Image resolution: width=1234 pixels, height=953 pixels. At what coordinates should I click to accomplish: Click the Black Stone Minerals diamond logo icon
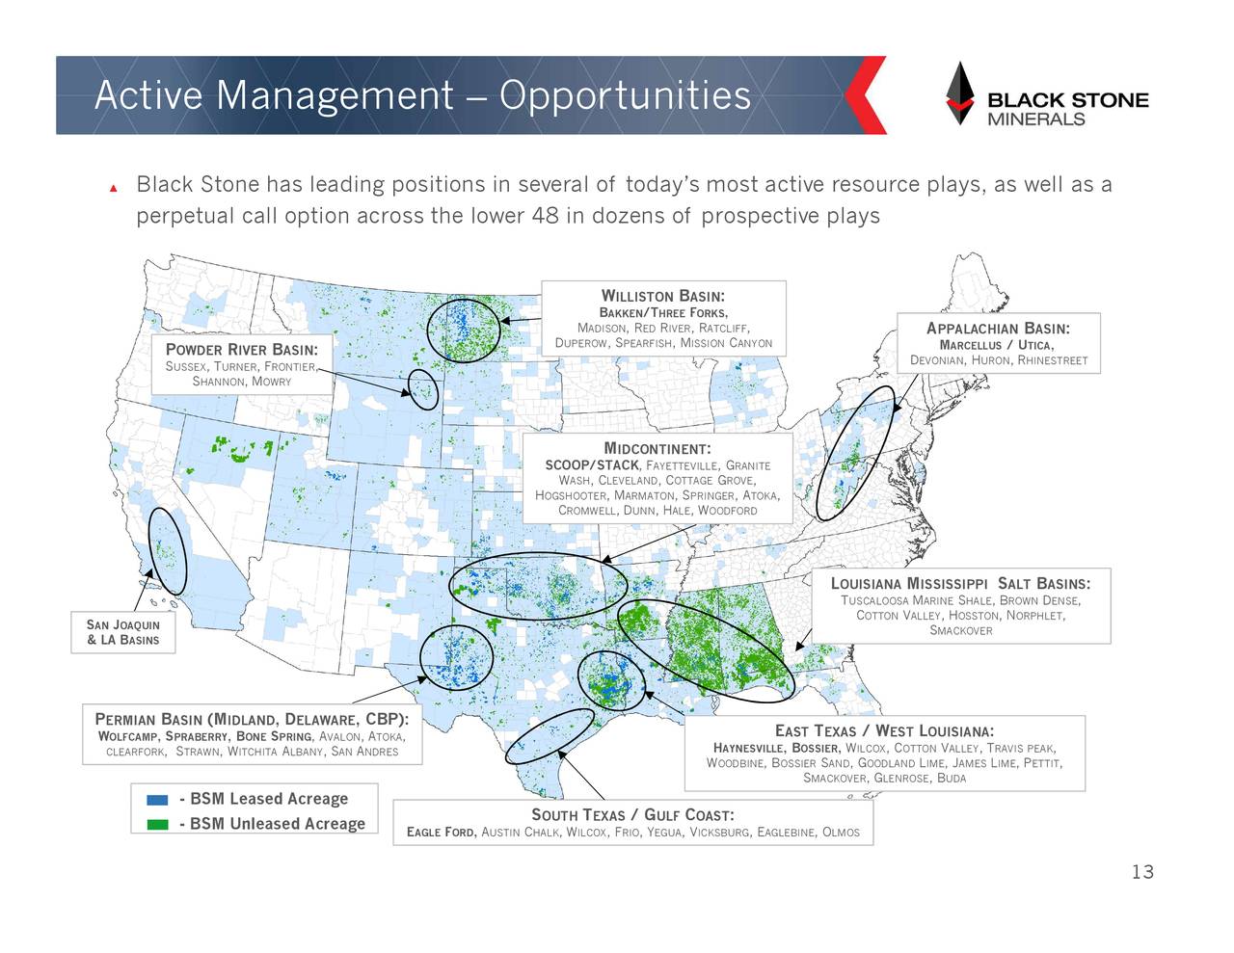pyautogui.click(x=959, y=93)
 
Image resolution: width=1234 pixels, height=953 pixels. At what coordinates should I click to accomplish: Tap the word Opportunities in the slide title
pyautogui.click(x=625, y=95)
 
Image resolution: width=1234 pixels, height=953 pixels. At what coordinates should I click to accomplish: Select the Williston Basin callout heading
pyautogui.click(x=663, y=296)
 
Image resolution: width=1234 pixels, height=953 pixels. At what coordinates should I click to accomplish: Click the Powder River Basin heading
pyautogui.click(x=241, y=350)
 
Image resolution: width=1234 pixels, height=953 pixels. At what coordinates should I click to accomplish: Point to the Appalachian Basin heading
pyautogui.click(x=998, y=329)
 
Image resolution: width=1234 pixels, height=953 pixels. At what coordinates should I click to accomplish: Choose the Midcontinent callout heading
pyautogui.click(x=657, y=449)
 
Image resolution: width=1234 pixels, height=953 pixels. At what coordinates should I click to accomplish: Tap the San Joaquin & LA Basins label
pyautogui.click(x=122, y=632)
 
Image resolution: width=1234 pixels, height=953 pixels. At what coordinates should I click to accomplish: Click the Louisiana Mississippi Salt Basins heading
pyautogui.click(x=960, y=584)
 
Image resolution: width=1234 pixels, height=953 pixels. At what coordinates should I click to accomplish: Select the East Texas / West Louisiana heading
pyautogui.click(x=884, y=731)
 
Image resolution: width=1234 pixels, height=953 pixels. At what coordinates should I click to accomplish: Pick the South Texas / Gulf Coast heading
pyautogui.click(x=632, y=815)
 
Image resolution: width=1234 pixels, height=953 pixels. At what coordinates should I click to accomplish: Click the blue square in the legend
pyautogui.click(x=157, y=800)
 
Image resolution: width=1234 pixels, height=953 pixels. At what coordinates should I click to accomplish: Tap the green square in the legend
pyautogui.click(x=157, y=825)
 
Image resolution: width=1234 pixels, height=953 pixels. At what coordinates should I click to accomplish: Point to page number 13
pyautogui.click(x=1142, y=872)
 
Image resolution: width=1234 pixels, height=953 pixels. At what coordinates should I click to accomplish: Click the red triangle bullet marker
pyautogui.click(x=114, y=188)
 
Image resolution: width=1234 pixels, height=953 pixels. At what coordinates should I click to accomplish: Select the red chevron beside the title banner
pyautogui.click(x=865, y=95)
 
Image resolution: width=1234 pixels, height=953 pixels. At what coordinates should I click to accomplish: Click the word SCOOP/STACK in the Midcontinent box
pyautogui.click(x=591, y=465)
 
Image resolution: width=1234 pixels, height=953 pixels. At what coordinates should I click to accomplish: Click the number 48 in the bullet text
pyautogui.click(x=545, y=215)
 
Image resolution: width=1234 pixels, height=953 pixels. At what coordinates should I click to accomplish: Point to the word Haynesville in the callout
pyautogui.click(x=748, y=749)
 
